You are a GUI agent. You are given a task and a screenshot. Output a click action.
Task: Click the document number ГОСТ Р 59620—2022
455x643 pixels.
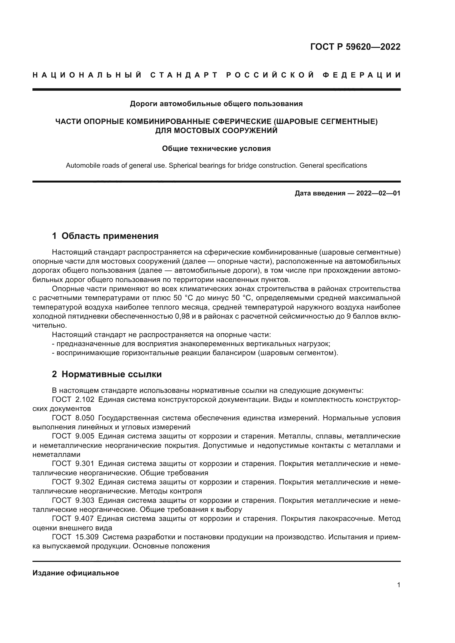tap(355, 47)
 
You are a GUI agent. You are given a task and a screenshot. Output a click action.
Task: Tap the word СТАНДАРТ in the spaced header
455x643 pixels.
tap(184, 75)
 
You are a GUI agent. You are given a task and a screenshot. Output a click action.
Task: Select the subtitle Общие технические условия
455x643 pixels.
tap(216, 148)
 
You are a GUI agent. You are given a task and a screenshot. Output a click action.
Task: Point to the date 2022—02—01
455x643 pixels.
tap(378, 193)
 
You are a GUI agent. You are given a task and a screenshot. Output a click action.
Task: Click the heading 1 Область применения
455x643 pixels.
tap(105, 236)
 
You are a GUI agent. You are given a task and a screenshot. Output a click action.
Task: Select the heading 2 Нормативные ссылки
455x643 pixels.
tap(107, 374)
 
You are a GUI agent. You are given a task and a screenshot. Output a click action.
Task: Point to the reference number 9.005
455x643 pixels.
tap(85, 436)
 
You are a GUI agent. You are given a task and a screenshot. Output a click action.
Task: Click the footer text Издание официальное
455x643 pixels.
tap(76, 573)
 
